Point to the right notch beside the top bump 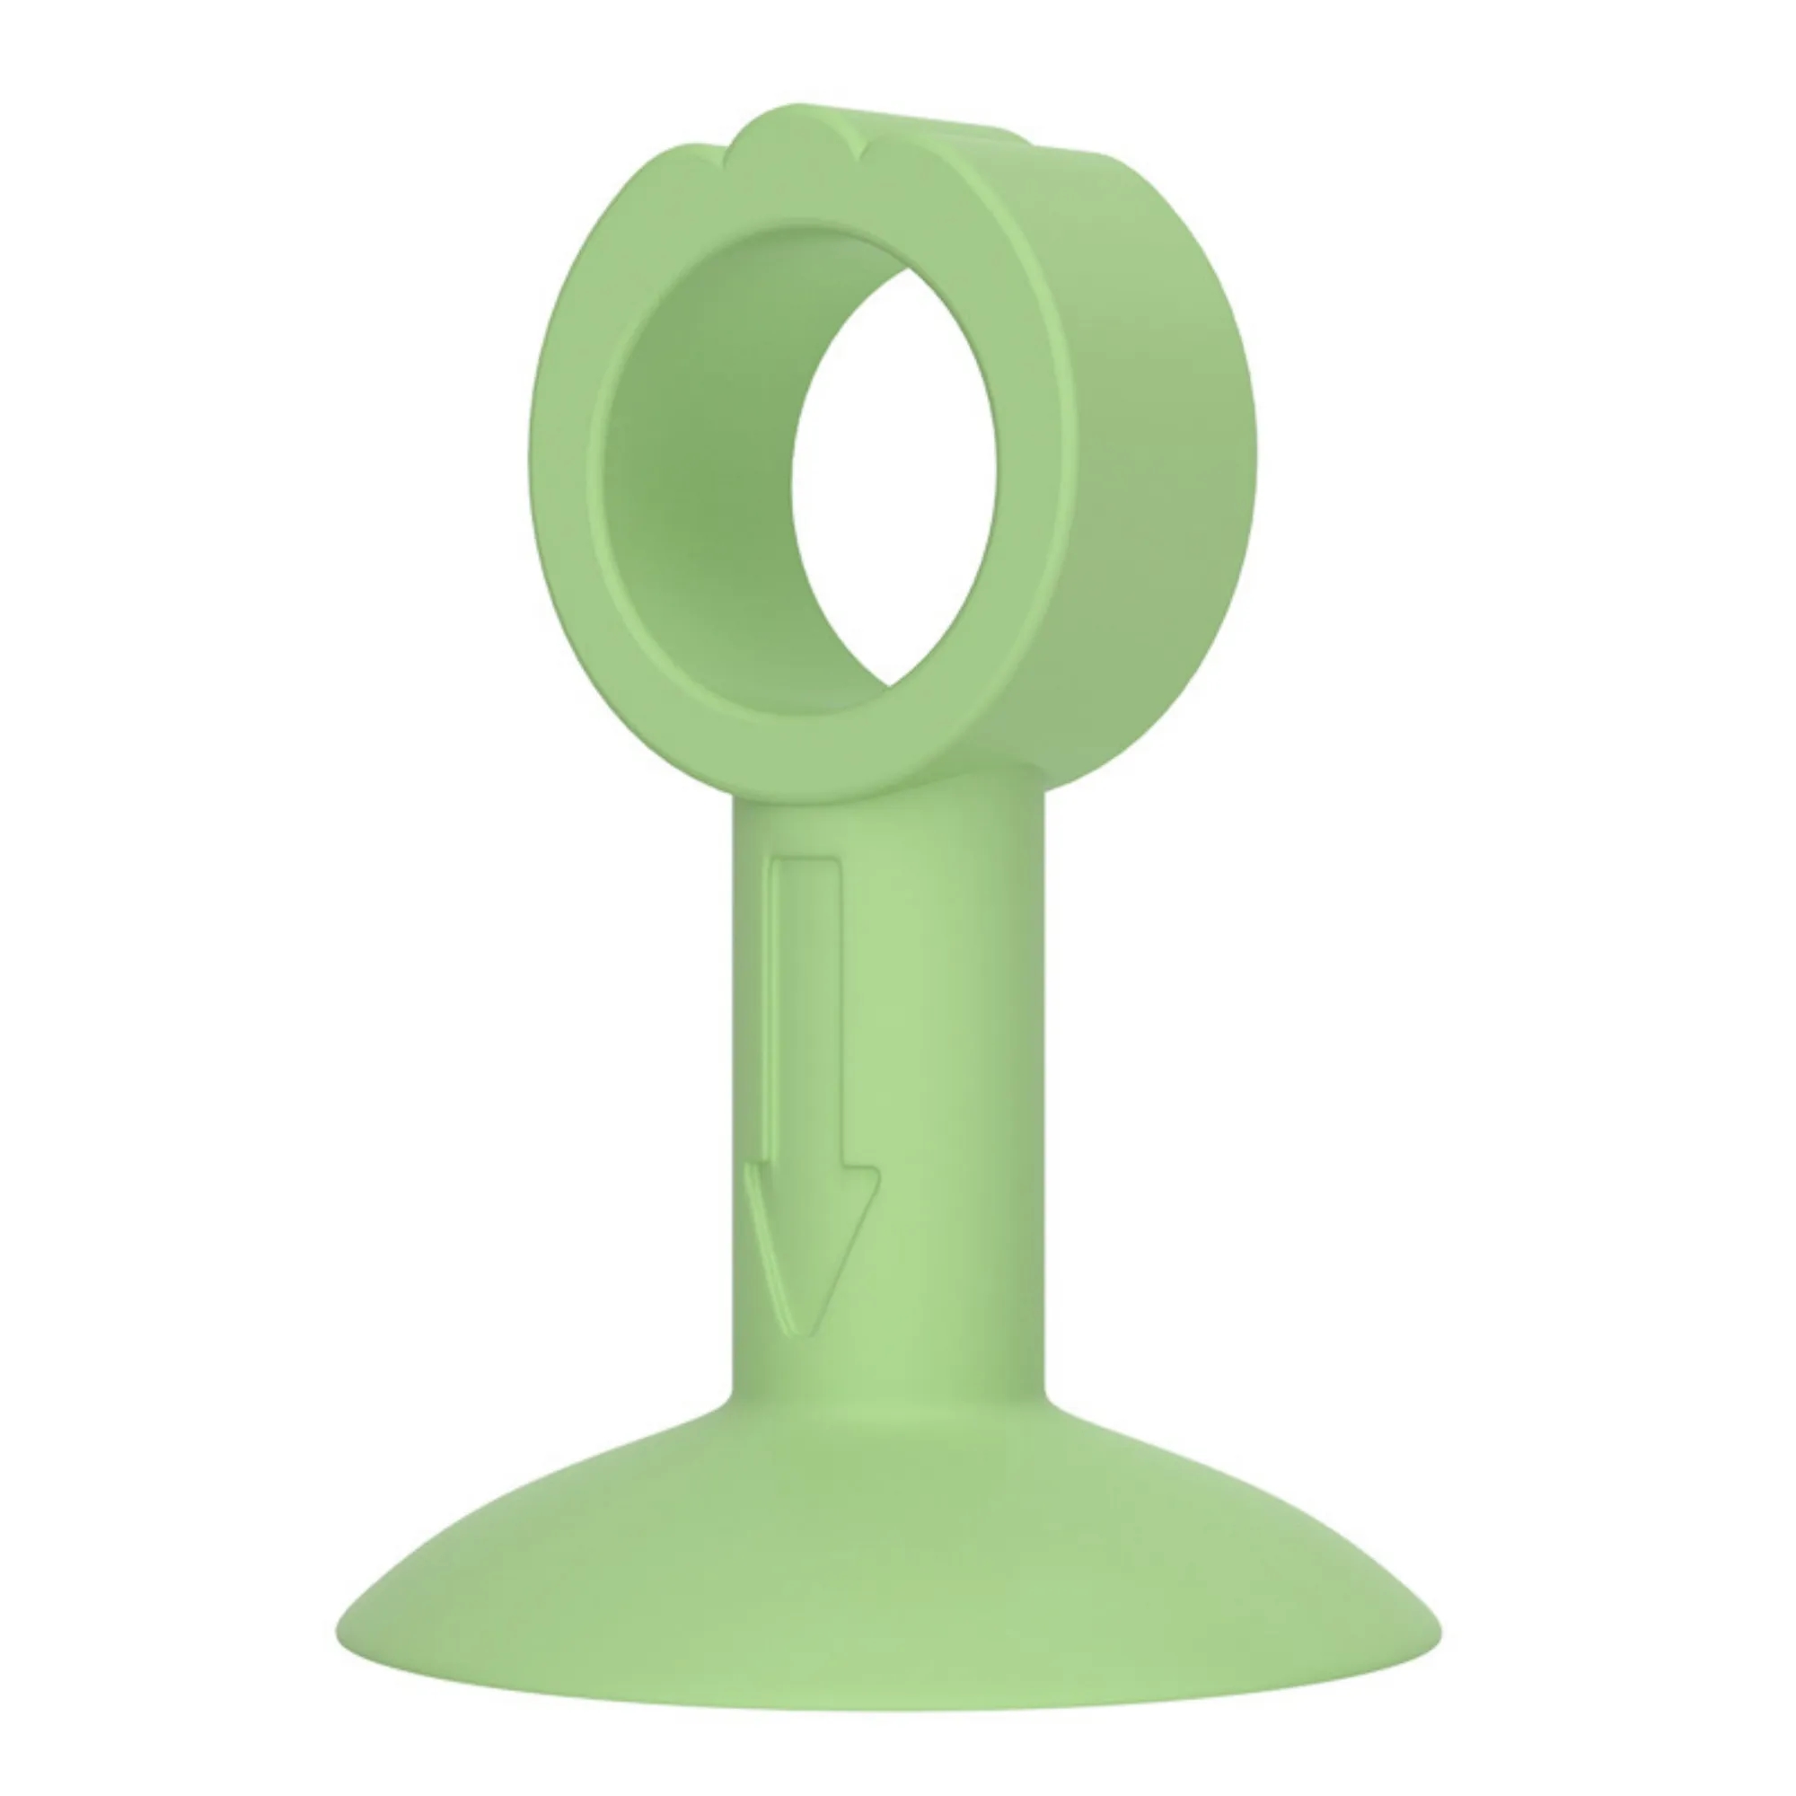click(x=861, y=149)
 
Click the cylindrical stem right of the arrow click(x=957, y=1069)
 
